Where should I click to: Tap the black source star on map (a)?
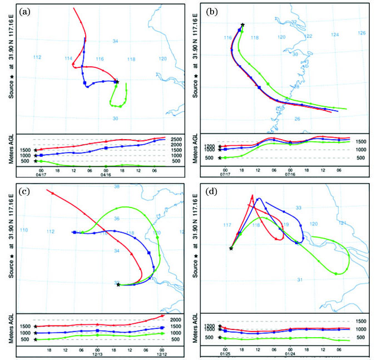(117, 82)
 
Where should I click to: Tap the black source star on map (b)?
(242, 25)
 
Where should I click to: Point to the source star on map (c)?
(118, 285)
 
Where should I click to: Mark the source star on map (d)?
(231, 248)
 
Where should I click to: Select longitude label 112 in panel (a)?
(37, 58)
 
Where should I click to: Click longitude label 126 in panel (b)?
(361, 33)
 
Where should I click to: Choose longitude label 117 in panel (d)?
(226, 225)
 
